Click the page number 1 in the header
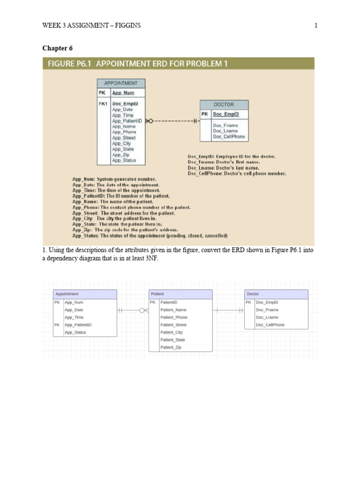tap(316, 25)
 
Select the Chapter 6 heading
tap(58, 48)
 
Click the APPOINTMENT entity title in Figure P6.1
tap(121, 83)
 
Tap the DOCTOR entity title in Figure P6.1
tap(224, 105)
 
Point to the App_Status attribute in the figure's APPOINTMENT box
tap(124, 160)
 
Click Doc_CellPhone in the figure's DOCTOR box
tap(228, 137)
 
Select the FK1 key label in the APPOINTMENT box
tap(103, 104)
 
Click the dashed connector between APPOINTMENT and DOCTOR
tap(173, 121)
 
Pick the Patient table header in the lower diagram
tap(157, 294)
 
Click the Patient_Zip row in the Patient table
tap(171, 347)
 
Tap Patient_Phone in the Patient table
tap(173, 317)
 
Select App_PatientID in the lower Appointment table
tap(78, 325)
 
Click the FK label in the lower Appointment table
tap(57, 325)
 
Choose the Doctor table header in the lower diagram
tap(253, 294)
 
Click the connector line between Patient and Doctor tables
tap(228, 310)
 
